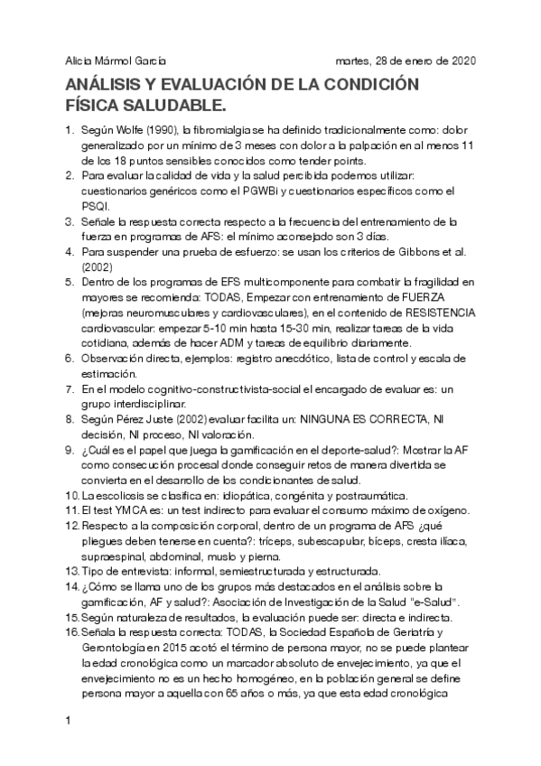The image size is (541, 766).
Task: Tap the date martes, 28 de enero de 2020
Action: point(406,61)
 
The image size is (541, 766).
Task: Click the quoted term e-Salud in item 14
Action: point(435,602)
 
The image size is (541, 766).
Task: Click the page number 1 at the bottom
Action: point(68,723)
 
